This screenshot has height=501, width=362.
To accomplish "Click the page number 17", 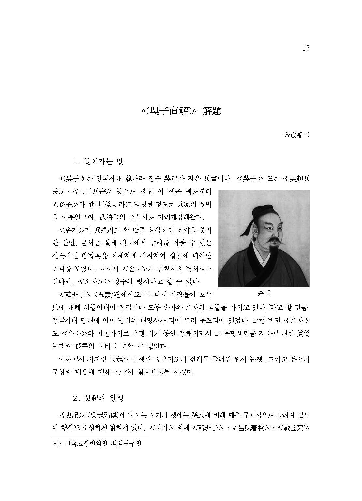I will point(305,49).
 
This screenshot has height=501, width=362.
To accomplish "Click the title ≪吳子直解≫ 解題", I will point(181,111).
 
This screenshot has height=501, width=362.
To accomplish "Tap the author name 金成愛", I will point(294,136).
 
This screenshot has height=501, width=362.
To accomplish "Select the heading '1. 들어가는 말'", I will point(98,161).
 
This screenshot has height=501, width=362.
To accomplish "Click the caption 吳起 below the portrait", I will point(264,293).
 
